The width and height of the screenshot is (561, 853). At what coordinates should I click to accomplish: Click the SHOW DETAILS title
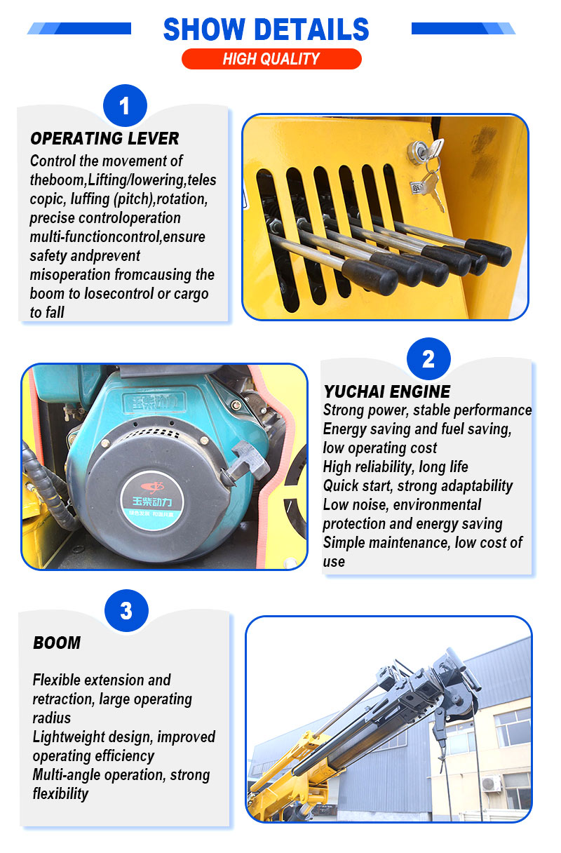[266, 29]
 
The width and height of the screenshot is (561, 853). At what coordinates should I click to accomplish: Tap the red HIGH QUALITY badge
[271, 59]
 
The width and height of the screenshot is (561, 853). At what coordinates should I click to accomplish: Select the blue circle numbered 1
[125, 105]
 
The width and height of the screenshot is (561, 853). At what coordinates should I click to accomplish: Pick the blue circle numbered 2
[428, 358]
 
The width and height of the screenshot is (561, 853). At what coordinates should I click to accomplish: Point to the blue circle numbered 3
[126, 611]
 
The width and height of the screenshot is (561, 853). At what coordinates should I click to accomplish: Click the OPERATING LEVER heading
[104, 138]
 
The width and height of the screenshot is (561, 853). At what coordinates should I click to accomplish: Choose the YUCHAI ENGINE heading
[387, 391]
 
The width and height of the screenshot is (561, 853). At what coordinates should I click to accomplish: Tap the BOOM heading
[57, 643]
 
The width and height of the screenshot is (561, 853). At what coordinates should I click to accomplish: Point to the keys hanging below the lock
[431, 183]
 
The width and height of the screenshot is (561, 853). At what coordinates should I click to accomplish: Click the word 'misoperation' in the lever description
[70, 275]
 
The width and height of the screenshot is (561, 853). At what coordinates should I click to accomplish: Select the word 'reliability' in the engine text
[382, 467]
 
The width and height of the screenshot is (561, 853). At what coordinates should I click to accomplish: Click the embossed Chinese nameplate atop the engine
[154, 403]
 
